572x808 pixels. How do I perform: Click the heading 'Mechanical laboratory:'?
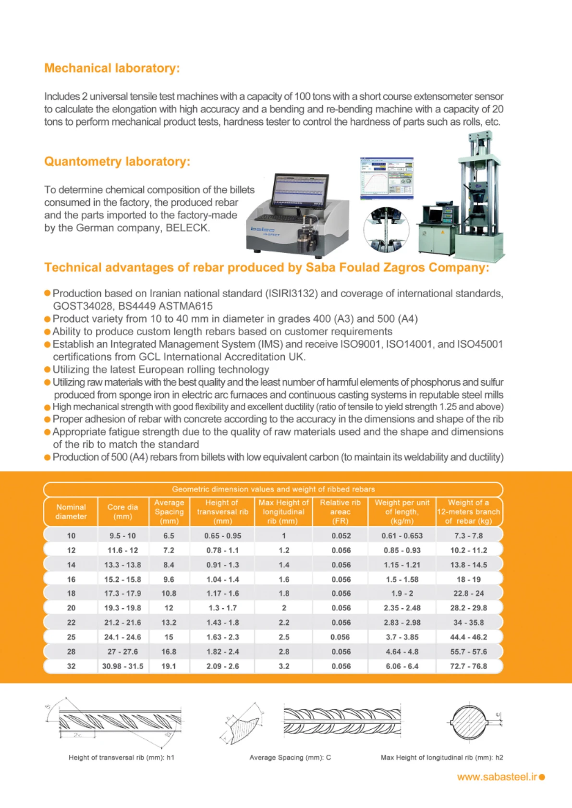point(112,68)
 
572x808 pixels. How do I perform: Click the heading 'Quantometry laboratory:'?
point(117,161)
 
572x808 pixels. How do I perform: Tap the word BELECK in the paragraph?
point(187,228)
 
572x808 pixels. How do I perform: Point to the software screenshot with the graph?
point(387,178)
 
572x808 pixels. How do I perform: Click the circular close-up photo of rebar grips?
point(386,229)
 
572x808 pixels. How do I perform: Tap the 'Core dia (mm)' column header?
point(122,512)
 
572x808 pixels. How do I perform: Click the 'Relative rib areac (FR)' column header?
point(340,512)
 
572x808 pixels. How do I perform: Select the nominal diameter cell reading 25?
point(71,637)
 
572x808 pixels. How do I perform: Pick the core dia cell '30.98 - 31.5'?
point(122,666)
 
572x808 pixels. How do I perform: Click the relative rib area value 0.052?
point(341,536)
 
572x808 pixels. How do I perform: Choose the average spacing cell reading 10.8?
point(169,593)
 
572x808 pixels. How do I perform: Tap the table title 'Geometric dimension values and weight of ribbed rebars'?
point(273,489)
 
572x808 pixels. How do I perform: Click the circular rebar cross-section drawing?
point(470,722)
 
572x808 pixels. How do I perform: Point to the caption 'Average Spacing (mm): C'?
point(290,758)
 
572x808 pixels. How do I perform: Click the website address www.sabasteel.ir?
point(497,777)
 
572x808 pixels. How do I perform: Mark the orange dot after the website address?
point(542,777)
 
